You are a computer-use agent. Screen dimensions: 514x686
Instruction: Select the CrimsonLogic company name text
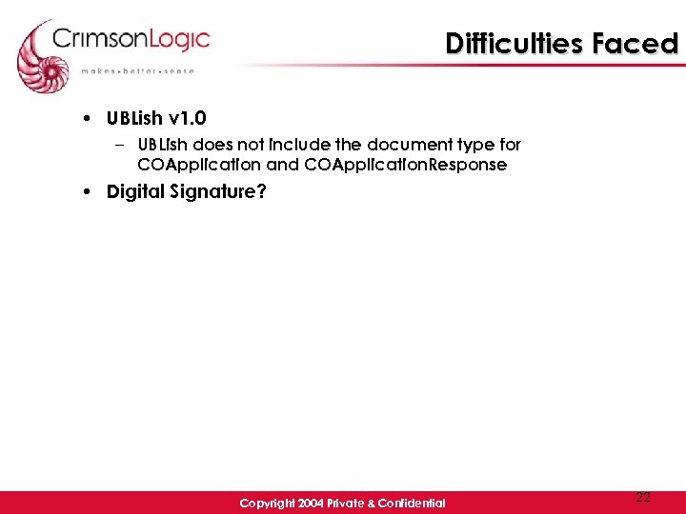[131, 40]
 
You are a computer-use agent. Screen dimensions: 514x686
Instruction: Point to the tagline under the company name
[137, 70]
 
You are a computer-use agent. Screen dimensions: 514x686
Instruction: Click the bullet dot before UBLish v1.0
[87, 119]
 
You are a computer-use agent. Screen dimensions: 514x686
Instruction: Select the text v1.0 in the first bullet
[187, 119]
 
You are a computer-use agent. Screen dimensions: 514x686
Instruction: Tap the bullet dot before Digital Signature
[87, 192]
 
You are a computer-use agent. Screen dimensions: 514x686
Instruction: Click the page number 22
[643, 497]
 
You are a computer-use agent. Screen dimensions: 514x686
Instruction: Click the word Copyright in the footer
[266, 503]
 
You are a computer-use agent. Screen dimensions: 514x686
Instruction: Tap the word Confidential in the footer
[410, 503]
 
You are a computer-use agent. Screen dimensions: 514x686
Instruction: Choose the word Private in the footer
[345, 503]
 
